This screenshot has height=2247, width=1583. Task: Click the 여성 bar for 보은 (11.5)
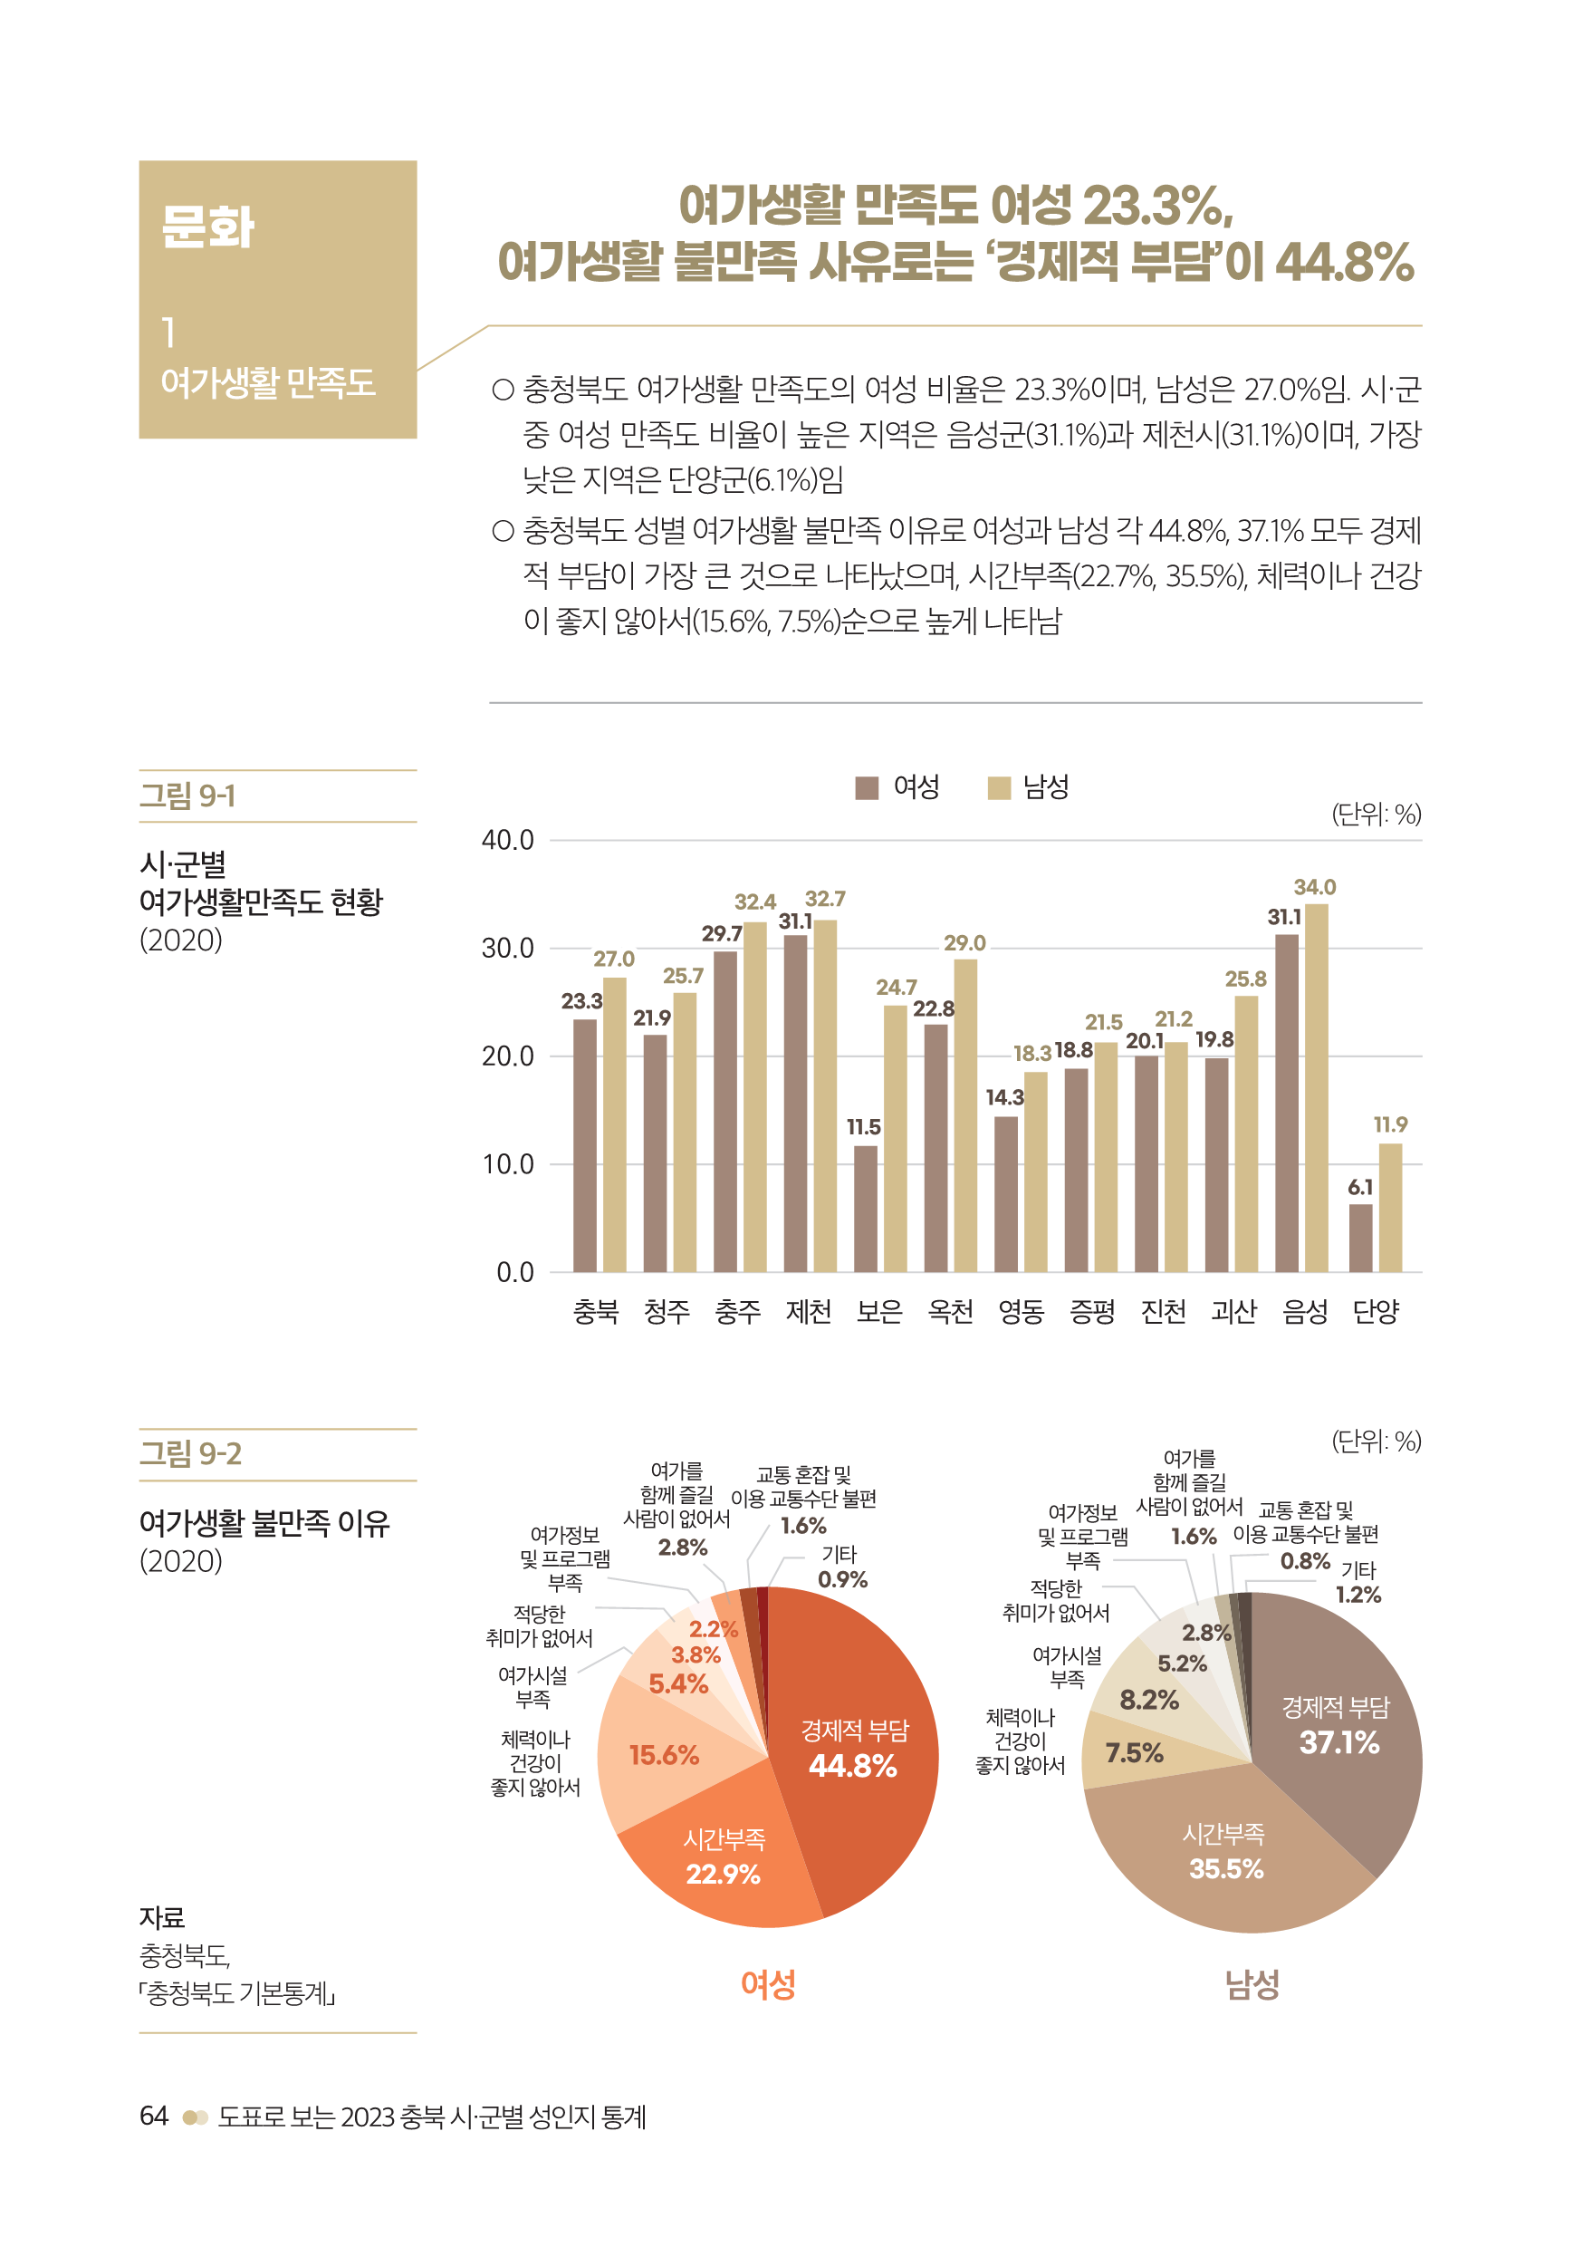point(865,1209)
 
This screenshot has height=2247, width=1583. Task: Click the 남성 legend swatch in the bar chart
point(999,788)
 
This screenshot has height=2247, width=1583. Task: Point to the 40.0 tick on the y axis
point(508,840)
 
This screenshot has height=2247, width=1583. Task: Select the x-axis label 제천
point(808,1310)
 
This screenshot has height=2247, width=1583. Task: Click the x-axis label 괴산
point(1233,1310)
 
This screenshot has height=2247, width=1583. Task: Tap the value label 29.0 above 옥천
point(964,942)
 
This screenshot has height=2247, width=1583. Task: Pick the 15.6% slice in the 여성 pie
point(662,1755)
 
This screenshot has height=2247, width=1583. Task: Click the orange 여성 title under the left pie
point(768,1983)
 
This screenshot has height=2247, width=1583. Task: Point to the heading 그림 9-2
point(191,1453)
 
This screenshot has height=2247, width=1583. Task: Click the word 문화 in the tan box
point(207,227)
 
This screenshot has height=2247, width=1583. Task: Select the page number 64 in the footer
point(154,2116)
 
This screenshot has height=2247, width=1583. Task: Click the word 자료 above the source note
point(161,1917)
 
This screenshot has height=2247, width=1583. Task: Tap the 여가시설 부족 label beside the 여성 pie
point(532,1686)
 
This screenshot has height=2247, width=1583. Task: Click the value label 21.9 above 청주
point(652,1017)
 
